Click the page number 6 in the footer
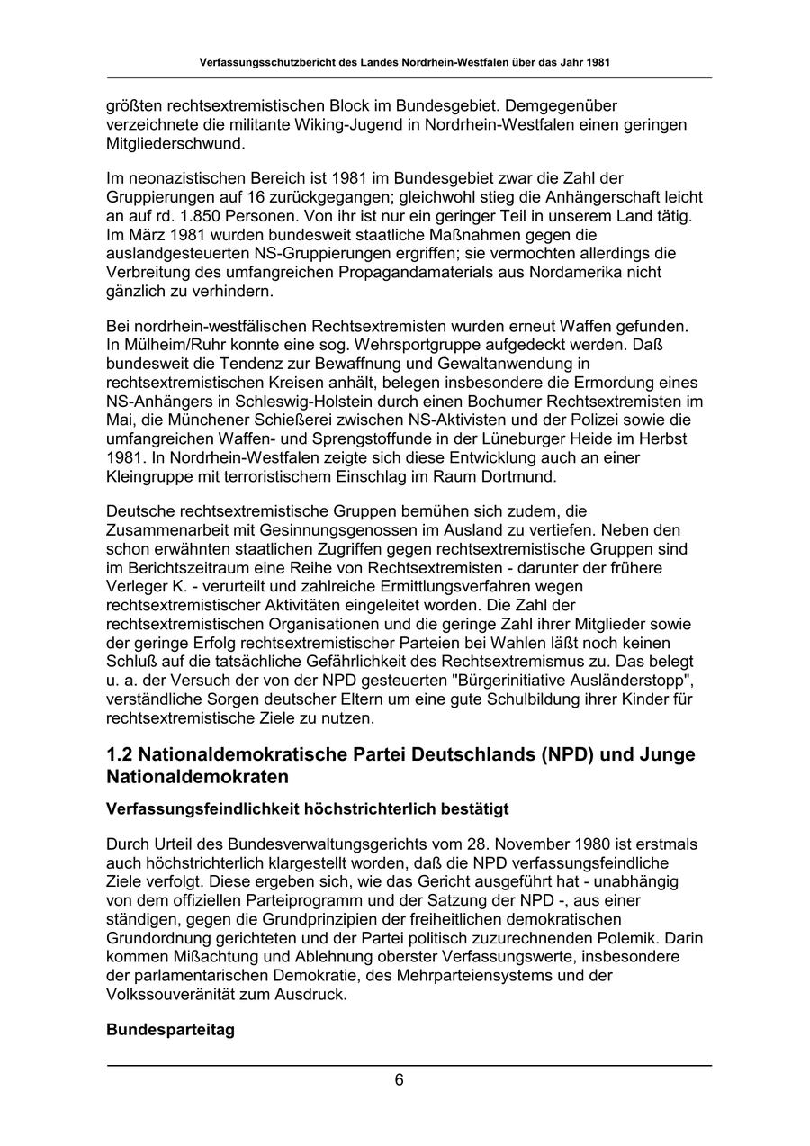(x=399, y=1080)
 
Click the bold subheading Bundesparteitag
(x=170, y=1029)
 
